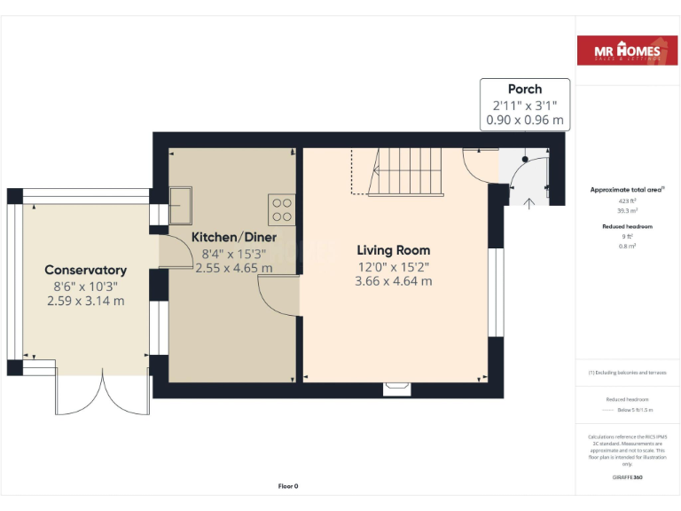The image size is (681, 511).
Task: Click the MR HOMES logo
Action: (x=628, y=52)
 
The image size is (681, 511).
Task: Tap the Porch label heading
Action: (x=525, y=89)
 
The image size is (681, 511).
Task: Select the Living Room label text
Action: (x=394, y=250)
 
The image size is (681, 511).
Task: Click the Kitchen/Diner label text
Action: (x=234, y=237)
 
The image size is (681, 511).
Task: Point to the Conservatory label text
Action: (x=85, y=270)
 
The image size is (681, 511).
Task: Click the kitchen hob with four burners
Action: (x=282, y=208)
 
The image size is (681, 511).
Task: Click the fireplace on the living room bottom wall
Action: (x=395, y=387)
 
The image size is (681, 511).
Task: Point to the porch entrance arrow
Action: (x=529, y=203)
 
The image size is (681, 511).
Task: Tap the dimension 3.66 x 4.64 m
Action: (x=394, y=281)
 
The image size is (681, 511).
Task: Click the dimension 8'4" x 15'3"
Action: (x=234, y=253)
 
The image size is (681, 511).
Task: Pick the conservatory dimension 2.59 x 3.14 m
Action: (x=85, y=301)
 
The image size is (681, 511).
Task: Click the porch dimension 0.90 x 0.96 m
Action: (x=525, y=120)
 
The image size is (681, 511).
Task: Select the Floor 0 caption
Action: (x=288, y=486)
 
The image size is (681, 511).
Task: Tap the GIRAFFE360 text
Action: (x=627, y=478)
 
